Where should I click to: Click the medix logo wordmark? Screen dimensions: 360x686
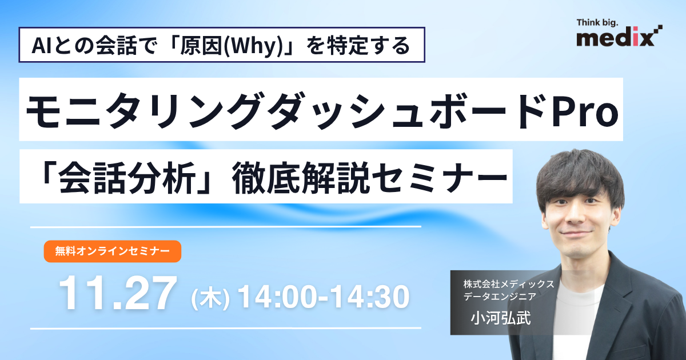coord(614,38)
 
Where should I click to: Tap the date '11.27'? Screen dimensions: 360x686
coord(117,294)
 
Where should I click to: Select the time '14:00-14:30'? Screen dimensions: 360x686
coord(322,297)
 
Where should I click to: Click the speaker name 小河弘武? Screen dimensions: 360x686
coord(500,318)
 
